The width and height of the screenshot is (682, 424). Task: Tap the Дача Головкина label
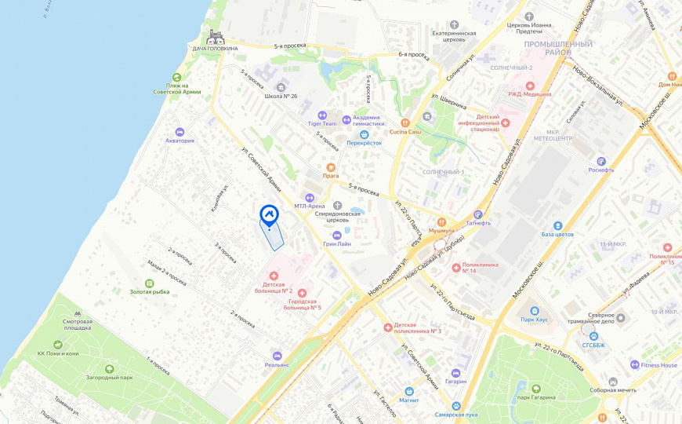click(215, 49)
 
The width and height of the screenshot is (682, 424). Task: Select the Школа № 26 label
click(281, 97)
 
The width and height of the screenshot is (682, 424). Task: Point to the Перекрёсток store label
click(364, 143)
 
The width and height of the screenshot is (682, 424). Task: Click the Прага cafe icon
click(331, 166)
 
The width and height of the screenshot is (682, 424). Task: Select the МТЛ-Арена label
click(310, 207)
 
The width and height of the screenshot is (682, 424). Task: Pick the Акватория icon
click(180, 131)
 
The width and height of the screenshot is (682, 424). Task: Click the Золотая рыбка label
click(149, 292)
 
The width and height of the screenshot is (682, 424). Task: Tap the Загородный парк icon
click(109, 368)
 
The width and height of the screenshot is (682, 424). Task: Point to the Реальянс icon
click(277, 355)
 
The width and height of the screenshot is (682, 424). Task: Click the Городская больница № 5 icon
click(302, 293)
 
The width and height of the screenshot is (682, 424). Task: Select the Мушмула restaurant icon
click(441, 221)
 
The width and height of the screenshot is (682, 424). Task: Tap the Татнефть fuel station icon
click(477, 214)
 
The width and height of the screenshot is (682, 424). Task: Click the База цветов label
click(557, 235)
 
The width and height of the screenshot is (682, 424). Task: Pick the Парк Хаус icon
click(534, 310)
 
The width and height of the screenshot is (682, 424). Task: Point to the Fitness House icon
click(634, 365)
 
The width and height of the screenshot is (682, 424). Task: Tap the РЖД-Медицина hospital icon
click(530, 86)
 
